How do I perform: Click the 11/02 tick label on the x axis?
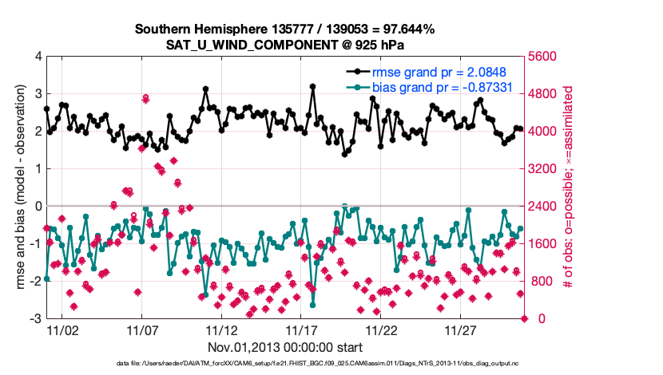(x=62, y=330)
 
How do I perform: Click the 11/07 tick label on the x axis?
(x=141, y=330)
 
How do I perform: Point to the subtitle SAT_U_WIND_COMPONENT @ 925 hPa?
(x=284, y=43)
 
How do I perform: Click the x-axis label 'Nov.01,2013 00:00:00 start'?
(x=284, y=347)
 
